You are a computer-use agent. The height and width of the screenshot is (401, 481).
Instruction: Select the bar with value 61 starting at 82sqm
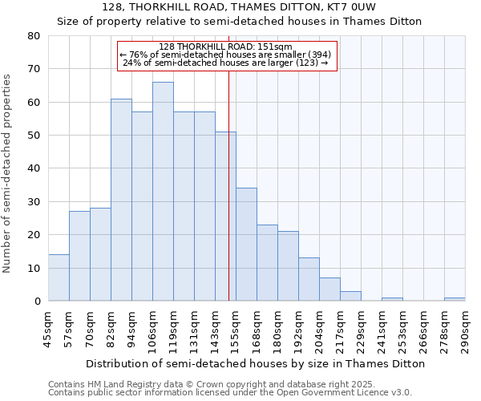point(121,200)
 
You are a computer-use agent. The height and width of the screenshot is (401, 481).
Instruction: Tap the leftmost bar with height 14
point(59,277)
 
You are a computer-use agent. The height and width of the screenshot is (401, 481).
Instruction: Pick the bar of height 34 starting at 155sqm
point(246,245)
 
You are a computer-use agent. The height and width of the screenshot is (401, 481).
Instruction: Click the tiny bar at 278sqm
point(455,299)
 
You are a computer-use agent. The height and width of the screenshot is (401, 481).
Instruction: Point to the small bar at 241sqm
point(392,299)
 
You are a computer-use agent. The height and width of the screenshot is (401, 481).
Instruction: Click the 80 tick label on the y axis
point(34,36)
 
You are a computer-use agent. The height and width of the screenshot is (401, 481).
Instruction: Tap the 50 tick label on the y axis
point(34,136)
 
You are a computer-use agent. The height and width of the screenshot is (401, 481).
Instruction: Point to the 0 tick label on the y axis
point(37,302)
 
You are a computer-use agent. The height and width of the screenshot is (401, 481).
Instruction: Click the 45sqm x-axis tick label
point(49,328)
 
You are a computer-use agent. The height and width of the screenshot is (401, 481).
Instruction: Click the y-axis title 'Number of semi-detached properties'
point(8,172)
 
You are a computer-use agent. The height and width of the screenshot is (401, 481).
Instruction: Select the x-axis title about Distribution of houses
point(256,363)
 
